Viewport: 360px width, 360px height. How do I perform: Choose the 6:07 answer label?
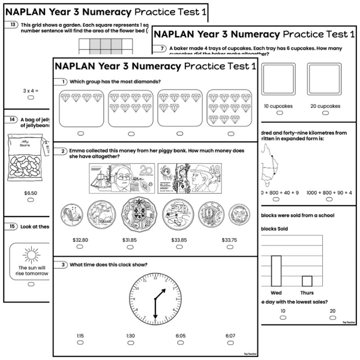(230, 335)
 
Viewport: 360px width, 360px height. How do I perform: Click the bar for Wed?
(276, 271)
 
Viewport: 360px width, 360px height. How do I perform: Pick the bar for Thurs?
(307, 281)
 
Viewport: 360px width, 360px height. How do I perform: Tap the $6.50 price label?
(30, 193)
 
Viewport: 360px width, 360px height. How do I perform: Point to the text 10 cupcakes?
(277, 106)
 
